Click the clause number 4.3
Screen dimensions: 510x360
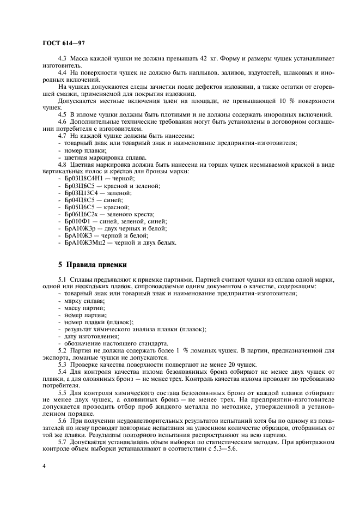tap(63, 58)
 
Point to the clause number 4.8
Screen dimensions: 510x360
tap(63, 165)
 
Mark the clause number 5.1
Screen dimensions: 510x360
tap(63, 280)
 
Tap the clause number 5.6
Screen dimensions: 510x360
tap(63, 407)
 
